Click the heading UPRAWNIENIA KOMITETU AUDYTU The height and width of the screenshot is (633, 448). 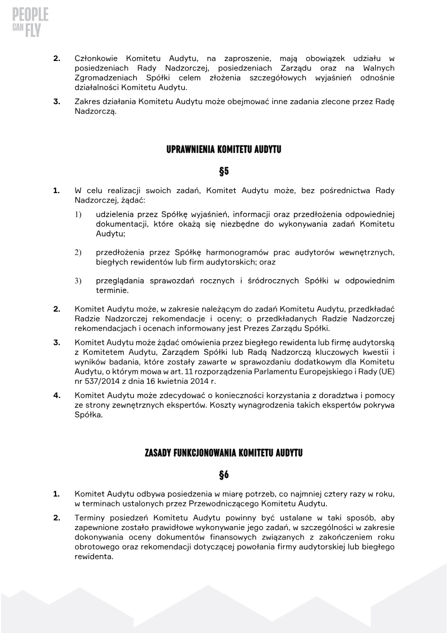223,150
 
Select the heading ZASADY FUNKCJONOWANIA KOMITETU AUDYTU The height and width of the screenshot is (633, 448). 223,453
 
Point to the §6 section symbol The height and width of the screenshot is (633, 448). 223,475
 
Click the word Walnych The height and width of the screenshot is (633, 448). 377,68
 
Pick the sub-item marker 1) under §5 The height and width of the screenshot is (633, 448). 78,214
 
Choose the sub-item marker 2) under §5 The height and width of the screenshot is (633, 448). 78,252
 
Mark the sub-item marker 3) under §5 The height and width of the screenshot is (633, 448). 78,280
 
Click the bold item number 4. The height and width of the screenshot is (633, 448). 57,395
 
